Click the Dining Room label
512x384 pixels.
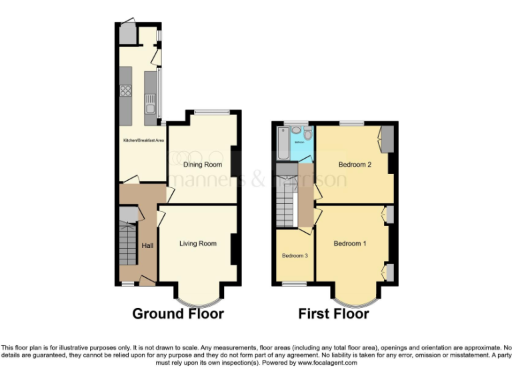tap(202, 165)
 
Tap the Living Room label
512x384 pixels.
tap(198, 244)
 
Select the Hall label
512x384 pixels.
tap(147, 246)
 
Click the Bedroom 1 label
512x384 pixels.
tap(350, 244)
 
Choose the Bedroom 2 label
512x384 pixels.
tap(355, 165)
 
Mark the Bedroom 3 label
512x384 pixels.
tap(294, 255)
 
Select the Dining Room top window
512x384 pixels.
tap(213, 111)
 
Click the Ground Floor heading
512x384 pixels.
tap(178, 314)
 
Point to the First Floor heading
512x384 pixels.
tap(333, 314)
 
